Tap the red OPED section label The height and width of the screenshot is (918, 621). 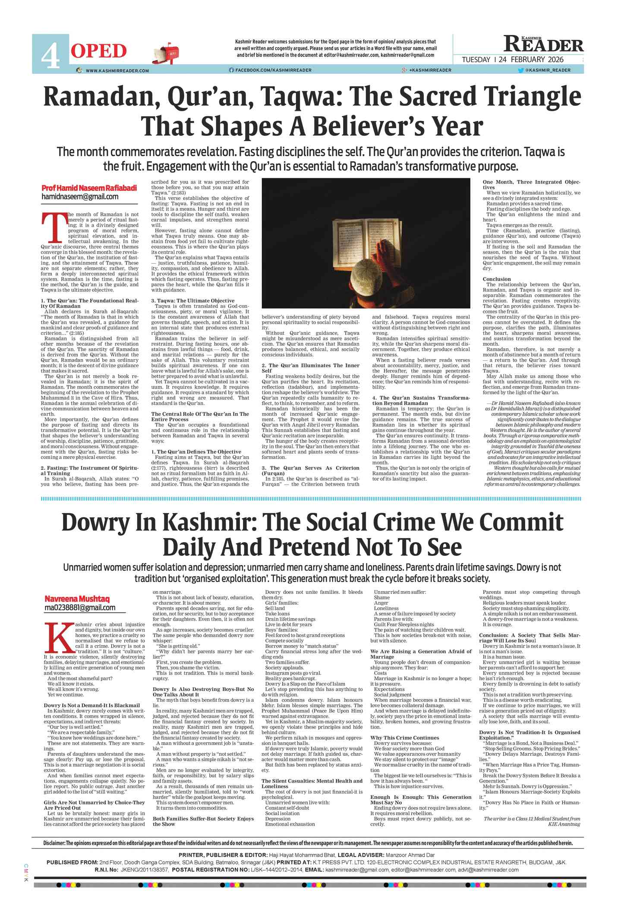coord(99,51)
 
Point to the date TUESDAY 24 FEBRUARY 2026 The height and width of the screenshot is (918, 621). coord(513,60)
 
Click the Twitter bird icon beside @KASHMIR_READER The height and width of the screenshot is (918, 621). coord(520,70)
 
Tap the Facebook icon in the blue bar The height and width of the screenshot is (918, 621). coord(231,70)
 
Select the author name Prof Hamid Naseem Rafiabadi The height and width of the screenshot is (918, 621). coord(89,188)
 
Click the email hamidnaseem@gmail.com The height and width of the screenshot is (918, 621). coord(80,197)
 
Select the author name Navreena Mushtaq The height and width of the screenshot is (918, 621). coord(77,599)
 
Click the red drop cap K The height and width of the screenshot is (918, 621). coord(59,637)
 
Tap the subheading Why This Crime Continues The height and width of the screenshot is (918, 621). coord(404,738)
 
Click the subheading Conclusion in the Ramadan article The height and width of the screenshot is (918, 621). coord(496,279)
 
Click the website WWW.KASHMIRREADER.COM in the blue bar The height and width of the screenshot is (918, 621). coord(117,70)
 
